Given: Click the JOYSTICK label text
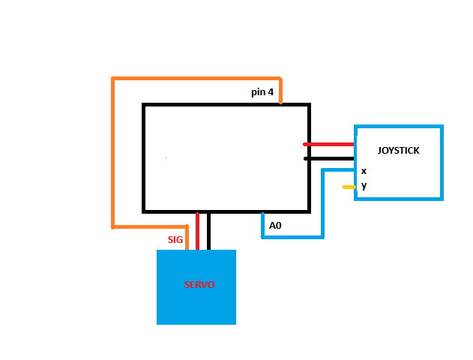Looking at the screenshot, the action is click(x=398, y=150).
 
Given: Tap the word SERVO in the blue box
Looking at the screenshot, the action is click(x=199, y=284).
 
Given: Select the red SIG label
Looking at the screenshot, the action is click(x=175, y=239).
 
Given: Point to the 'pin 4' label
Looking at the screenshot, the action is click(x=262, y=92).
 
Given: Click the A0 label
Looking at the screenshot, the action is click(x=275, y=226).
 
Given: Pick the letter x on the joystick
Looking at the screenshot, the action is click(x=364, y=172).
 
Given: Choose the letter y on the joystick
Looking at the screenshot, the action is click(x=364, y=185).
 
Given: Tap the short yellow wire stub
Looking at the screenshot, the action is click(x=349, y=187).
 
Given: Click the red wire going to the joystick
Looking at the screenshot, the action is click(x=328, y=144).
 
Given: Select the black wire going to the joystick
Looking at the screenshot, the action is click(x=329, y=158).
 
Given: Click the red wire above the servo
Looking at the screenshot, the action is click(x=198, y=231).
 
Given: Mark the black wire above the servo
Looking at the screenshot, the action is click(x=208, y=231).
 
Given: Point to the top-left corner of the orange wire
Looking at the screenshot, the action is click(x=113, y=79).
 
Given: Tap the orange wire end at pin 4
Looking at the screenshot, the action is click(x=280, y=103).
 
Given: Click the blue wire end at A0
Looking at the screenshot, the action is click(x=263, y=214).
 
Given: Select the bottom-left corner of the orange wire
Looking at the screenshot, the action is click(x=113, y=227).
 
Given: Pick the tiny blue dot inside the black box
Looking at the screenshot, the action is click(x=166, y=157).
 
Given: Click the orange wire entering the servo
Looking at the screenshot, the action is click(x=187, y=238).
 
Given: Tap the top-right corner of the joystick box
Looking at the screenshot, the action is click(x=442, y=126).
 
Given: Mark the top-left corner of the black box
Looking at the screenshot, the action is click(x=144, y=105).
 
